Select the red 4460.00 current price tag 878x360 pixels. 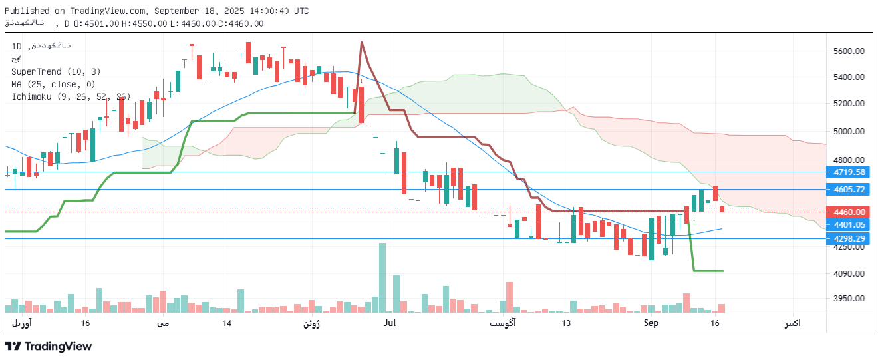pyautogui.click(x=850, y=212)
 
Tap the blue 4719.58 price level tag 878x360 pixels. pyautogui.click(x=850, y=172)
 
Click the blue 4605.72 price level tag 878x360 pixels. pyautogui.click(x=850, y=190)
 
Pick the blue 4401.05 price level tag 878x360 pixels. pyautogui.click(x=850, y=225)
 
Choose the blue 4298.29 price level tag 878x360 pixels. pyautogui.click(x=850, y=238)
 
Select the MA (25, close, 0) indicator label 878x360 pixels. pyautogui.click(x=53, y=84)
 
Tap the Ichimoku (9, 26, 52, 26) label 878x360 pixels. pyautogui.click(x=71, y=96)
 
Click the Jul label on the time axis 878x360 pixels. pyautogui.click(x=390, y=323)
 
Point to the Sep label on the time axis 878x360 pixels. pyautogui.click(x=651, y=323)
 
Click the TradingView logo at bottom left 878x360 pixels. pyautogui.click(x=48, y=346)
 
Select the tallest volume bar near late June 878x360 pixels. pyautogui.click(x=382, y=277)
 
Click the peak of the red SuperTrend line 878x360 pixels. pyautogui.click(x=361, y=42)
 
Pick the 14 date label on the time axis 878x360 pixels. pyautogui.click(x=227, y=323)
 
